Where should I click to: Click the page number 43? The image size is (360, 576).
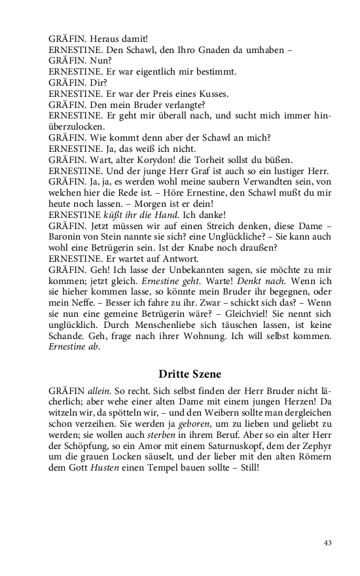[x=328, y=543]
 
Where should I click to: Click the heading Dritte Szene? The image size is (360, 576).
[x=189, y=374]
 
